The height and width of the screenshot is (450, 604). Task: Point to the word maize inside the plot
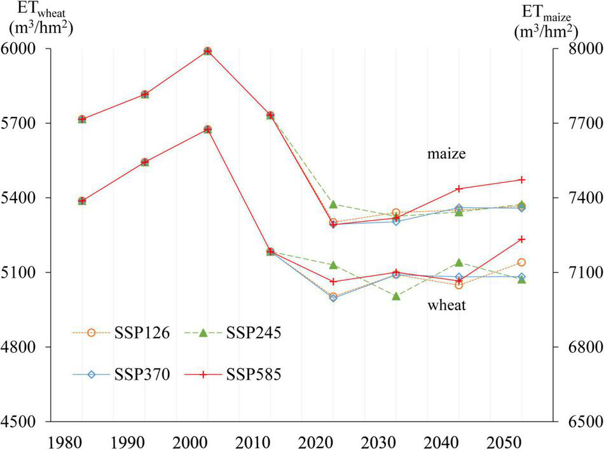(x=447, y=154)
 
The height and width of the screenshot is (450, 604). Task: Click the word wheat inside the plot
(x=446, y=306)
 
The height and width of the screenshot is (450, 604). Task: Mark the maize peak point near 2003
(x=207, y=51)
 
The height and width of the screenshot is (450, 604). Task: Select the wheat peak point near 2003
(x=207, y=130)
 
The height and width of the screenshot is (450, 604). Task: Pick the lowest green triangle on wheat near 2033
(x=395, y=296)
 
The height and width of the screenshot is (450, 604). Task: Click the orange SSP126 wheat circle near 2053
(x=521, y=262)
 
